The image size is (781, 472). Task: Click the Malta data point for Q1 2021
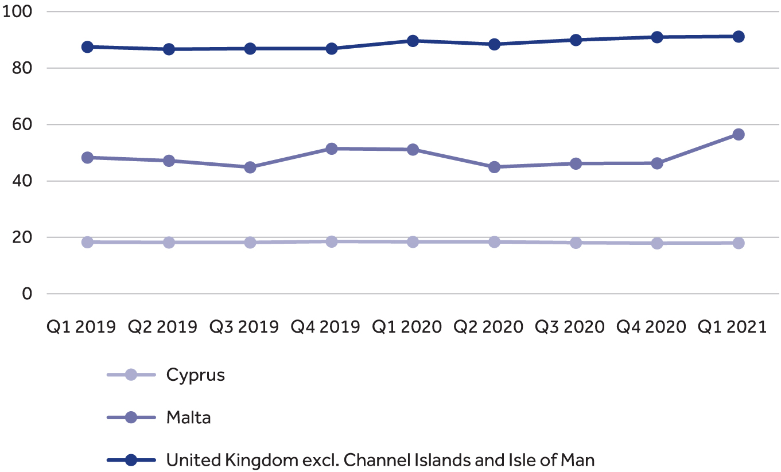coord(738,134)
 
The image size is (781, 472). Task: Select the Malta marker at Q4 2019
coord(332,149)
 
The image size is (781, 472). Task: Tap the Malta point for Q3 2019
coord(250,167)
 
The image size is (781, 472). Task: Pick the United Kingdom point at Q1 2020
coord(413,41)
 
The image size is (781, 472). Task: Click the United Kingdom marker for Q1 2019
coord(87,47)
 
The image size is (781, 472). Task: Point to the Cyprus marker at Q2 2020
coord(494,241)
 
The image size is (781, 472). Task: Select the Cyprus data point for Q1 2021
coord(738,243)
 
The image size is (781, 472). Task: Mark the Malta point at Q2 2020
coord(494,167)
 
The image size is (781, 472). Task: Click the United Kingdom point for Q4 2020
coord(657,37)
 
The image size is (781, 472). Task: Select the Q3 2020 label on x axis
coord(570,327)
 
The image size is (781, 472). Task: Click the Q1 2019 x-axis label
coord(81,327)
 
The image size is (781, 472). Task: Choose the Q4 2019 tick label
coord(325,327)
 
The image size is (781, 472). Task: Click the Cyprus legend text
coord(195,375)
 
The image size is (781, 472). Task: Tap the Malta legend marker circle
coord(131,418)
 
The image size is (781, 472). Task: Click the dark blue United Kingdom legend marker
coord(131,460)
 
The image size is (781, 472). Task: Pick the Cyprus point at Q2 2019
coord(169,242)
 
